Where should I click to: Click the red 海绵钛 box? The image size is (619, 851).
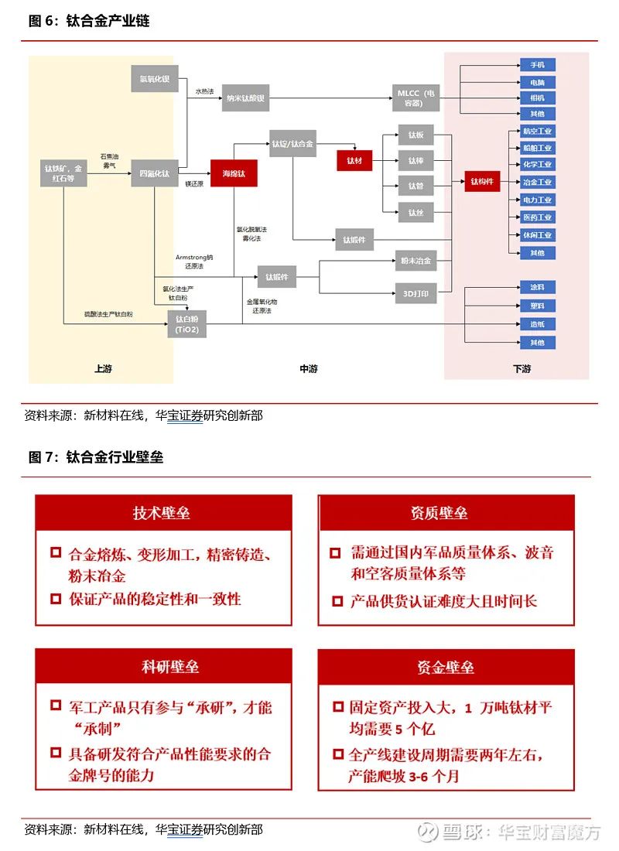[234, 173]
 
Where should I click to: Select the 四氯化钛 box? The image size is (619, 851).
[155, 173]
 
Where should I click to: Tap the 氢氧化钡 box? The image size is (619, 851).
[155, 79]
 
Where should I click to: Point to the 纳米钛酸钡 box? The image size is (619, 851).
[245, 98]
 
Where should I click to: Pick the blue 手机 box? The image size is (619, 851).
[537, 64]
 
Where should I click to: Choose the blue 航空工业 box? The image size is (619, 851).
[537, 131]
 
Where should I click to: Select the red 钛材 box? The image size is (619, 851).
[354, 160]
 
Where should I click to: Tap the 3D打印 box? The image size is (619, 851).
[416, 293]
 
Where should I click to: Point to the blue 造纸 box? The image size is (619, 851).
[537, 324]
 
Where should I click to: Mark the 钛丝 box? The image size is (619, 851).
[416, 212]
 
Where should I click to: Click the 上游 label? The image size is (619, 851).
[103, 369]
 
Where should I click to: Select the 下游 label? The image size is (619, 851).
[522, 369]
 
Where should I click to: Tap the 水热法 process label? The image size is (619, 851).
[203, 91]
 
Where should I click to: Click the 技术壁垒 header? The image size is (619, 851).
[162, 512]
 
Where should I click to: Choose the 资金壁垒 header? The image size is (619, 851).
[446, 666]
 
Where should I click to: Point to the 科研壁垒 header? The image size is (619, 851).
[162, 666]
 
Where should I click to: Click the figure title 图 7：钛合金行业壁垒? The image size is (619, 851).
[96, 457]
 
